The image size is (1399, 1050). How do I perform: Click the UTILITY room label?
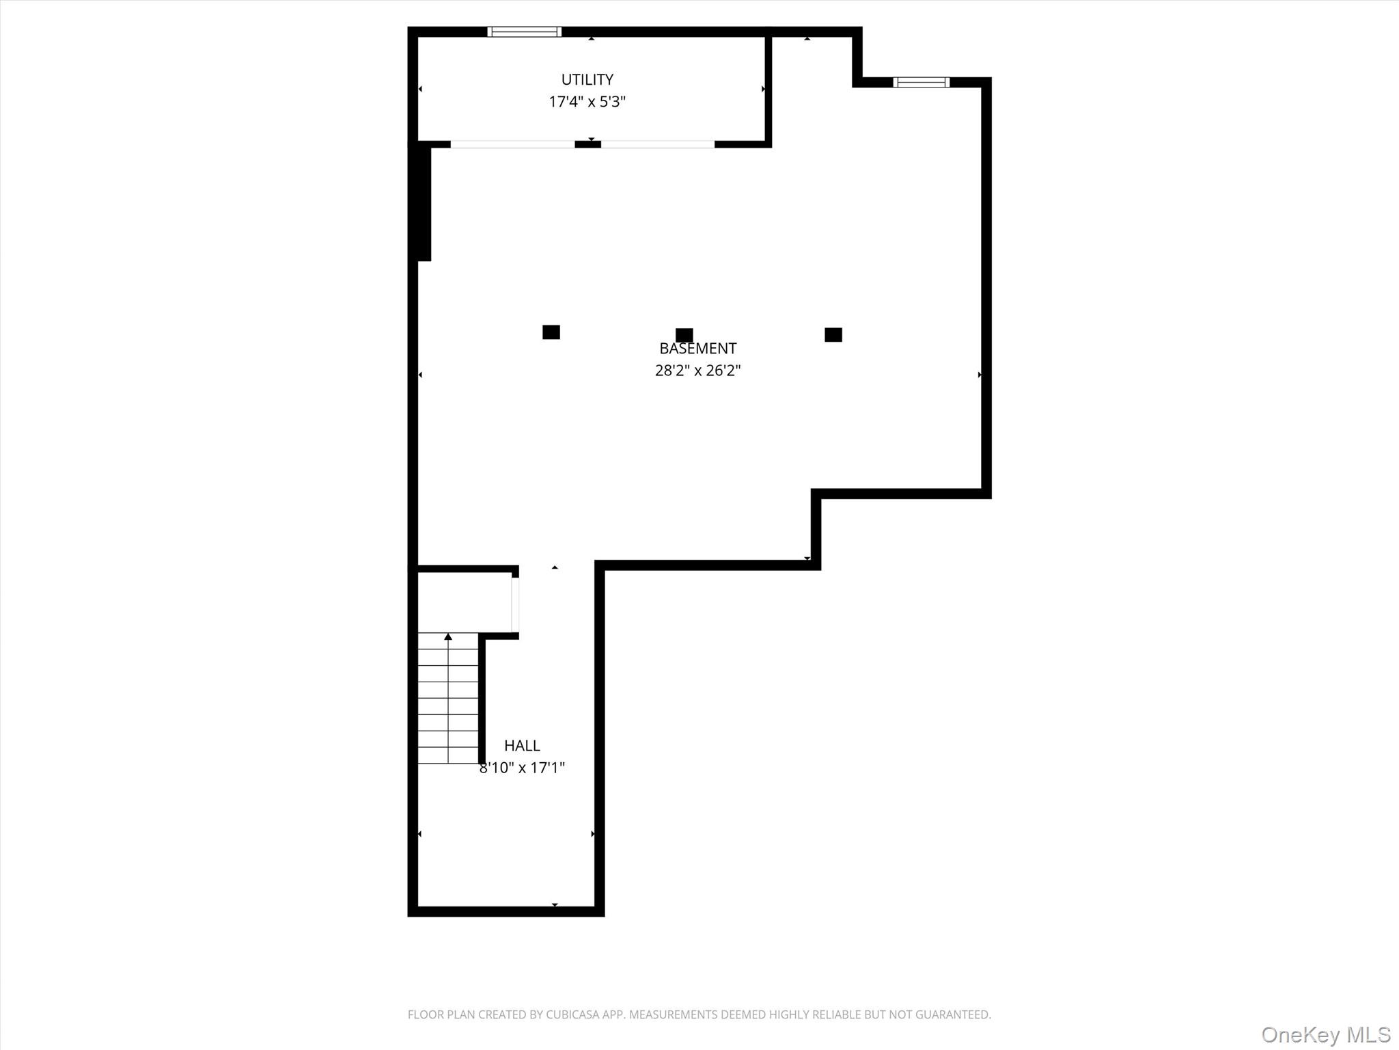(x=587, y=79)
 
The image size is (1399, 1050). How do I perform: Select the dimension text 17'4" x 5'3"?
(x=587, y=102)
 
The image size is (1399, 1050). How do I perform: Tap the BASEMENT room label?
(x=697, y=349)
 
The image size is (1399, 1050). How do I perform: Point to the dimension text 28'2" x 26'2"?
(x=697, y=371)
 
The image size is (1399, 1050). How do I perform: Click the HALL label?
(x=522, y=746)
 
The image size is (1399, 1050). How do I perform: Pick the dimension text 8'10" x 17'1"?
(x=522, y=768)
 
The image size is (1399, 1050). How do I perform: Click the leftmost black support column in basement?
(x=551, y=332)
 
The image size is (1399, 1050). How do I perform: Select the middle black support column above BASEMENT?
(x=684, y=335)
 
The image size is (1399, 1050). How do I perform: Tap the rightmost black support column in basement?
(x=833, y=334)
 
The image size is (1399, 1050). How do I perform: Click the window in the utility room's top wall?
(x=524, y=31)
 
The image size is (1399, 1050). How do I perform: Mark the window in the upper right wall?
(x=921, y=82)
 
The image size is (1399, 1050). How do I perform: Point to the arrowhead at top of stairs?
(x=448, y=637)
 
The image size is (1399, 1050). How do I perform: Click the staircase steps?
(x=448, y=704)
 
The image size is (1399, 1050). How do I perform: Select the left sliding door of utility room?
(x=512, y=144)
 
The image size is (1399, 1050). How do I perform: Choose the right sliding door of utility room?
(x=657, y=144)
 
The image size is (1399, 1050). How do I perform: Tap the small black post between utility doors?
(x=587, y=144)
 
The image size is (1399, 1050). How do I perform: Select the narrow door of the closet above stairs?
(x=515, y=605)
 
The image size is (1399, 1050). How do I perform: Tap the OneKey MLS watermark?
(x=1326, y=1034)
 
